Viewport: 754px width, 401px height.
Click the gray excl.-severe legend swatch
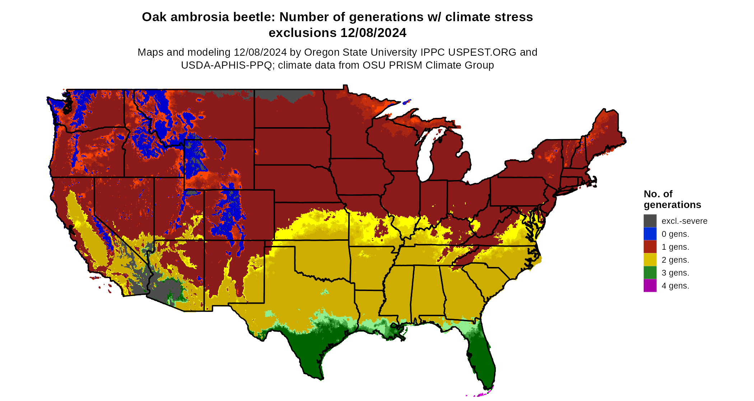tap(650, 221)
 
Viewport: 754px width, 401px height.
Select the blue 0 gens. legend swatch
tap(650, 234)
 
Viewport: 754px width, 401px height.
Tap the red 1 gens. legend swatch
tap(650, 247)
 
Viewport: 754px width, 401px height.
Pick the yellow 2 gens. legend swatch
tap(650, 260)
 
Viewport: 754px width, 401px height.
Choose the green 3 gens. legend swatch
tap(650, 273)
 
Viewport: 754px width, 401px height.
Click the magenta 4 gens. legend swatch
tap(650, 286)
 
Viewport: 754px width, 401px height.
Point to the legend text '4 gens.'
tap(675, 286)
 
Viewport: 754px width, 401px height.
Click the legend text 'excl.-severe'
tap(684, 221)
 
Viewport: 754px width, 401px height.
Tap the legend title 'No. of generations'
tap(672, 199)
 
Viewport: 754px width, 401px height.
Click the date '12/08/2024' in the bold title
tap(373, 33)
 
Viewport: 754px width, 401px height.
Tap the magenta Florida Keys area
tap(483, 394)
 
